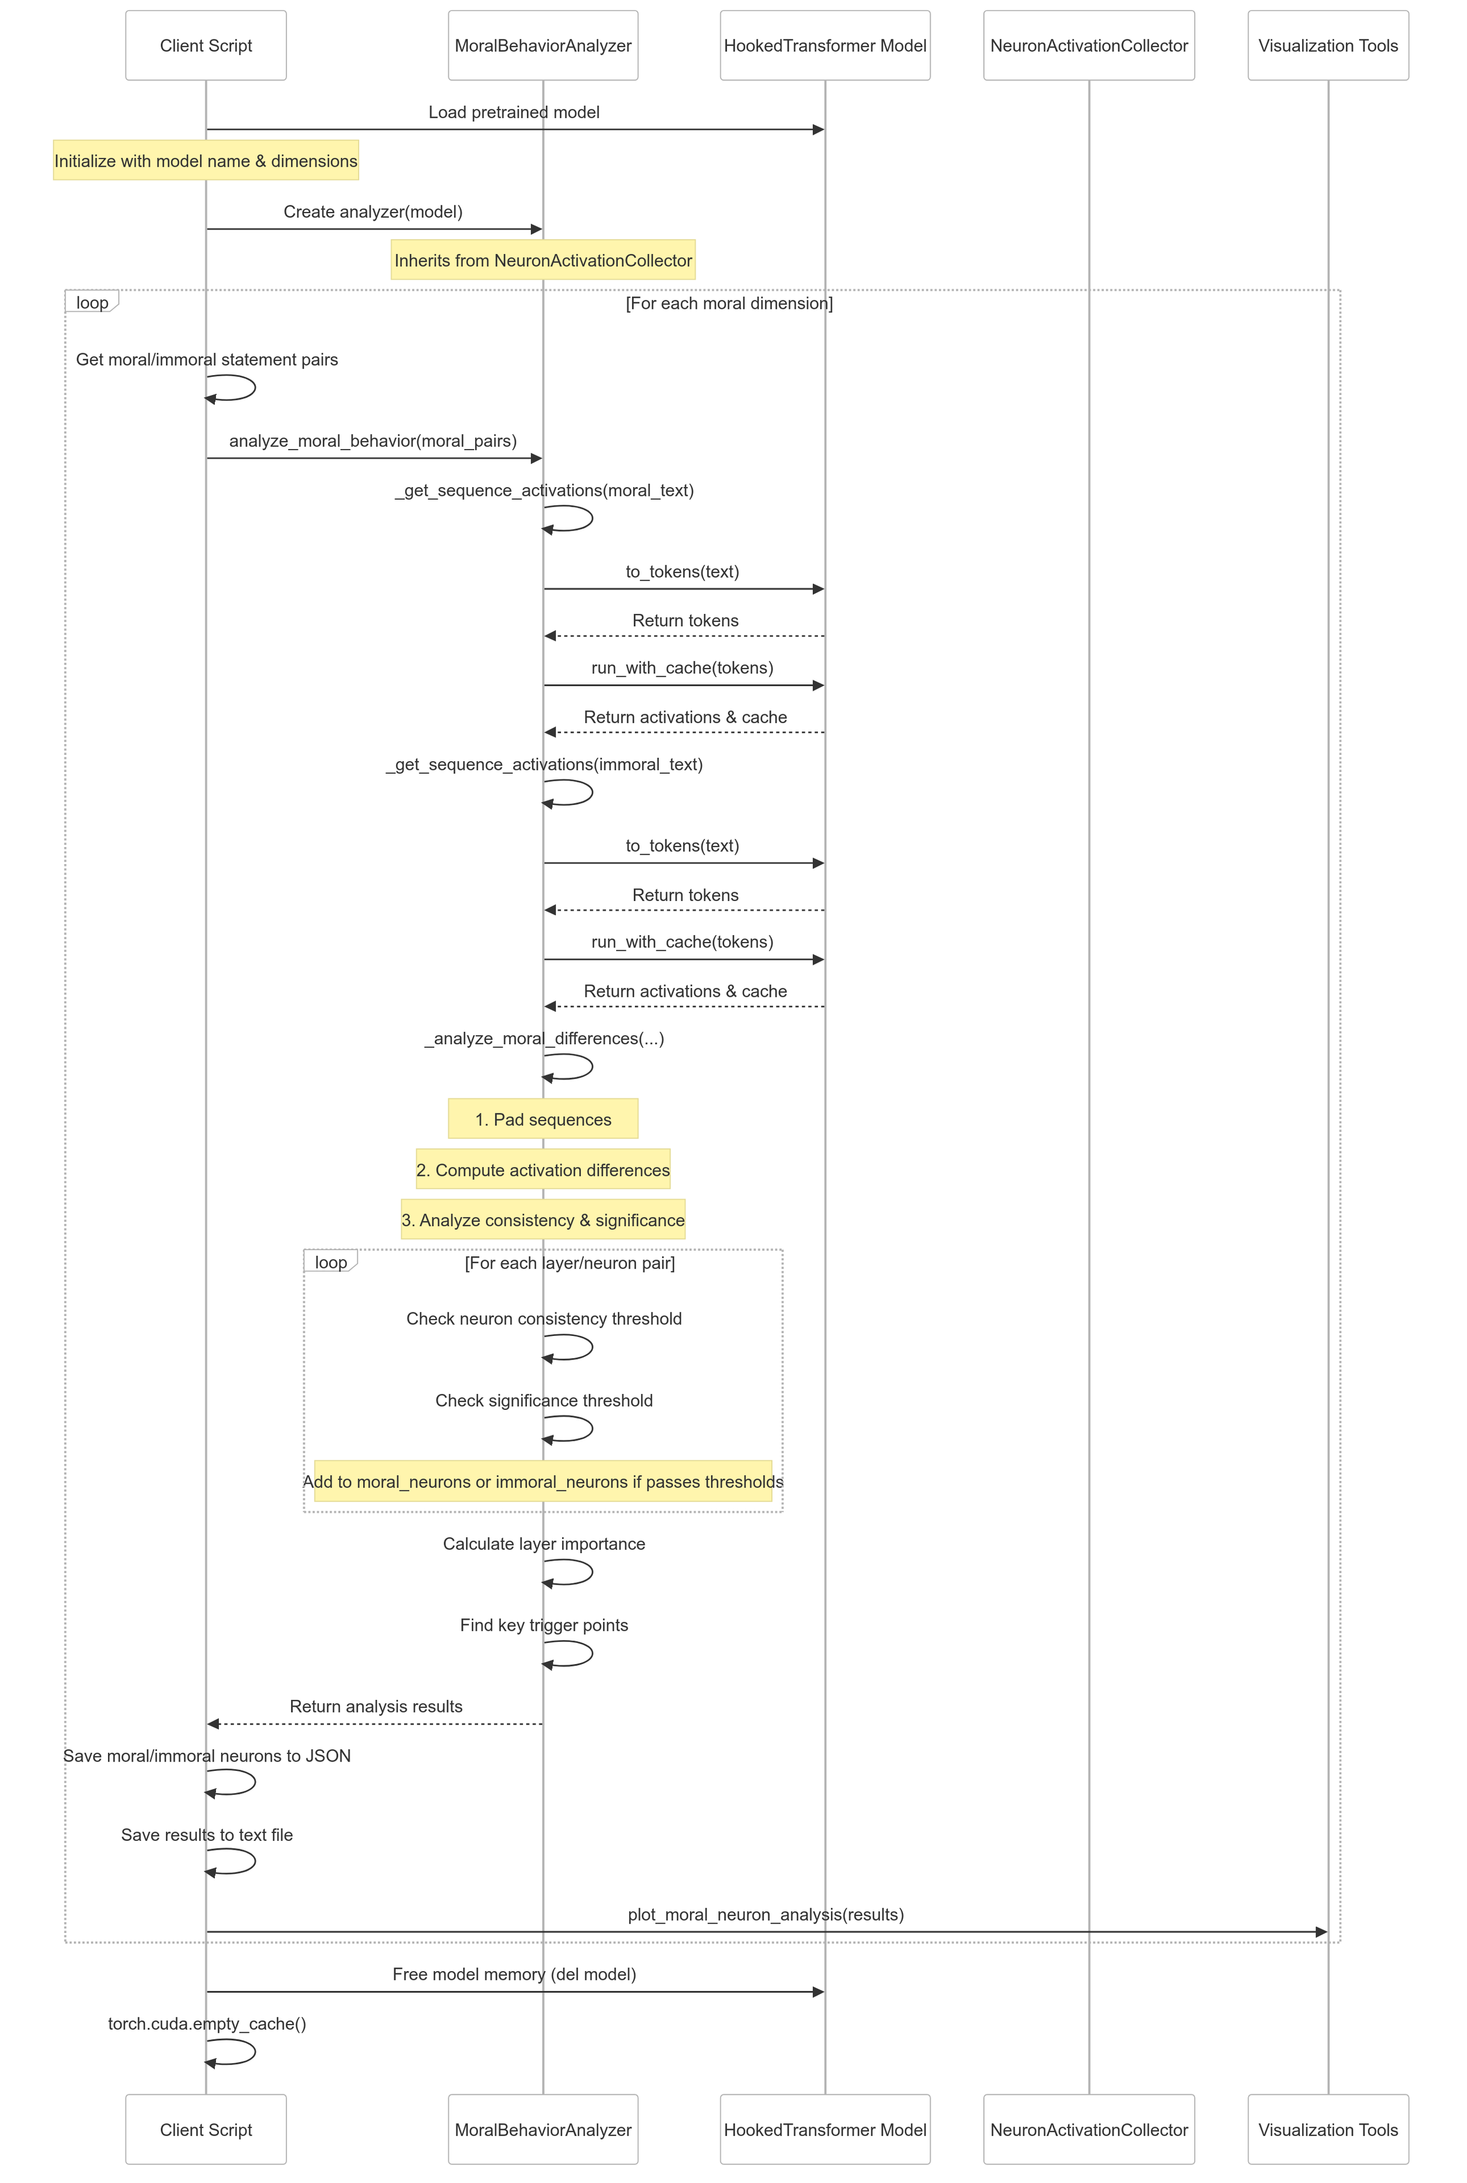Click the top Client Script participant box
(206, 46)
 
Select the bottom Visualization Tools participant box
(1327, 2129)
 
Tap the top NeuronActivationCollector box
(1088, 46)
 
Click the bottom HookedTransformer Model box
(824, 2129)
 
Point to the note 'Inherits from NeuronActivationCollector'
(543, 260)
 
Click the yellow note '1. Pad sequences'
(543, 1119)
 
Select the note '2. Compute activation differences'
(543, 1170)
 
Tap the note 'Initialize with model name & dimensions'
(206, 161)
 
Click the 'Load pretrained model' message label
(513, 112)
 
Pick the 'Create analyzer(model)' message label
(373, 211)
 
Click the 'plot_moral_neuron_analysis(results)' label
(765, 1914)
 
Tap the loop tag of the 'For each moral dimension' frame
(92, 302)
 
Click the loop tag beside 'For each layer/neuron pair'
(330, 1262)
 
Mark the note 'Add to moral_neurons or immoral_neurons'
(543, 1481)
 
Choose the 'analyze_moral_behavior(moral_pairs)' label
(373, 441)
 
